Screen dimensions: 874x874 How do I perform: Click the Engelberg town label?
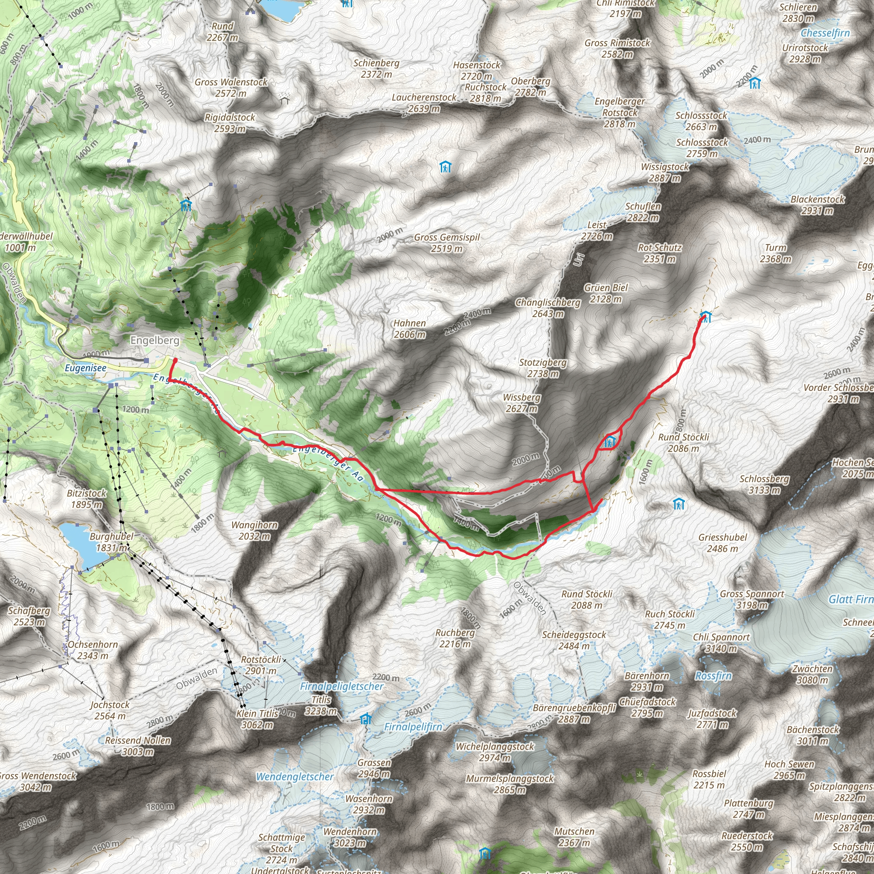coord(155,340)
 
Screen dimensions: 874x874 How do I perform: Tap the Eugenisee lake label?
coord(85,368)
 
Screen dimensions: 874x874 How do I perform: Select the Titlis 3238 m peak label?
coord(321,705)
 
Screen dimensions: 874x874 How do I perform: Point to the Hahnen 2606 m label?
coord(409,329)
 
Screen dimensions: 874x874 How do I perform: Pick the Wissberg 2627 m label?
coord(521,403)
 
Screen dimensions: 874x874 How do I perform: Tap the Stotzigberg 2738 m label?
coord(543,368)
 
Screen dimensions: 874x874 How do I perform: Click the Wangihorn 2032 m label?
coord(255,530)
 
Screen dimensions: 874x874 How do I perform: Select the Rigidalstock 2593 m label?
coord(230,123)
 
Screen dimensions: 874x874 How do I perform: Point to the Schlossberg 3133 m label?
coord(764,484)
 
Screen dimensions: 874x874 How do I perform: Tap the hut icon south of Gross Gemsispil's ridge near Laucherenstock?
coord(446,167)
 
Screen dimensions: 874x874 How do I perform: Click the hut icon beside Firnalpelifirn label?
coord(366,719)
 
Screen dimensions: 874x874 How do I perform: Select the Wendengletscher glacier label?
coord(294,777)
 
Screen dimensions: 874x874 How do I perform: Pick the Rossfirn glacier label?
coord(714,676)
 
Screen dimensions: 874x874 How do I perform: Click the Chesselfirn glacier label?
coord(825,33)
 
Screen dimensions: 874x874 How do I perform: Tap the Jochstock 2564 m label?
coord(110,710)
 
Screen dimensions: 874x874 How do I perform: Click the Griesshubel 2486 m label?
coord(723,543)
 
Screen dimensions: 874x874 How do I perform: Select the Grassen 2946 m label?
coord(374,768)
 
